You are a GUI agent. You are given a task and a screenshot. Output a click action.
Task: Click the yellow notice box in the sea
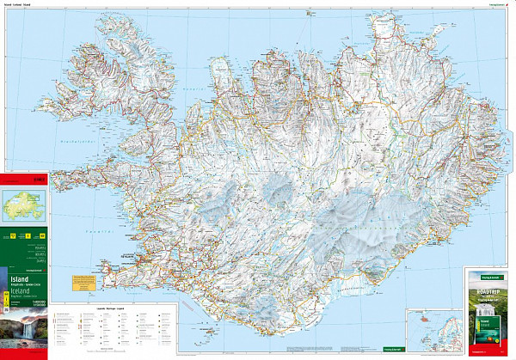pos(84,281)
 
